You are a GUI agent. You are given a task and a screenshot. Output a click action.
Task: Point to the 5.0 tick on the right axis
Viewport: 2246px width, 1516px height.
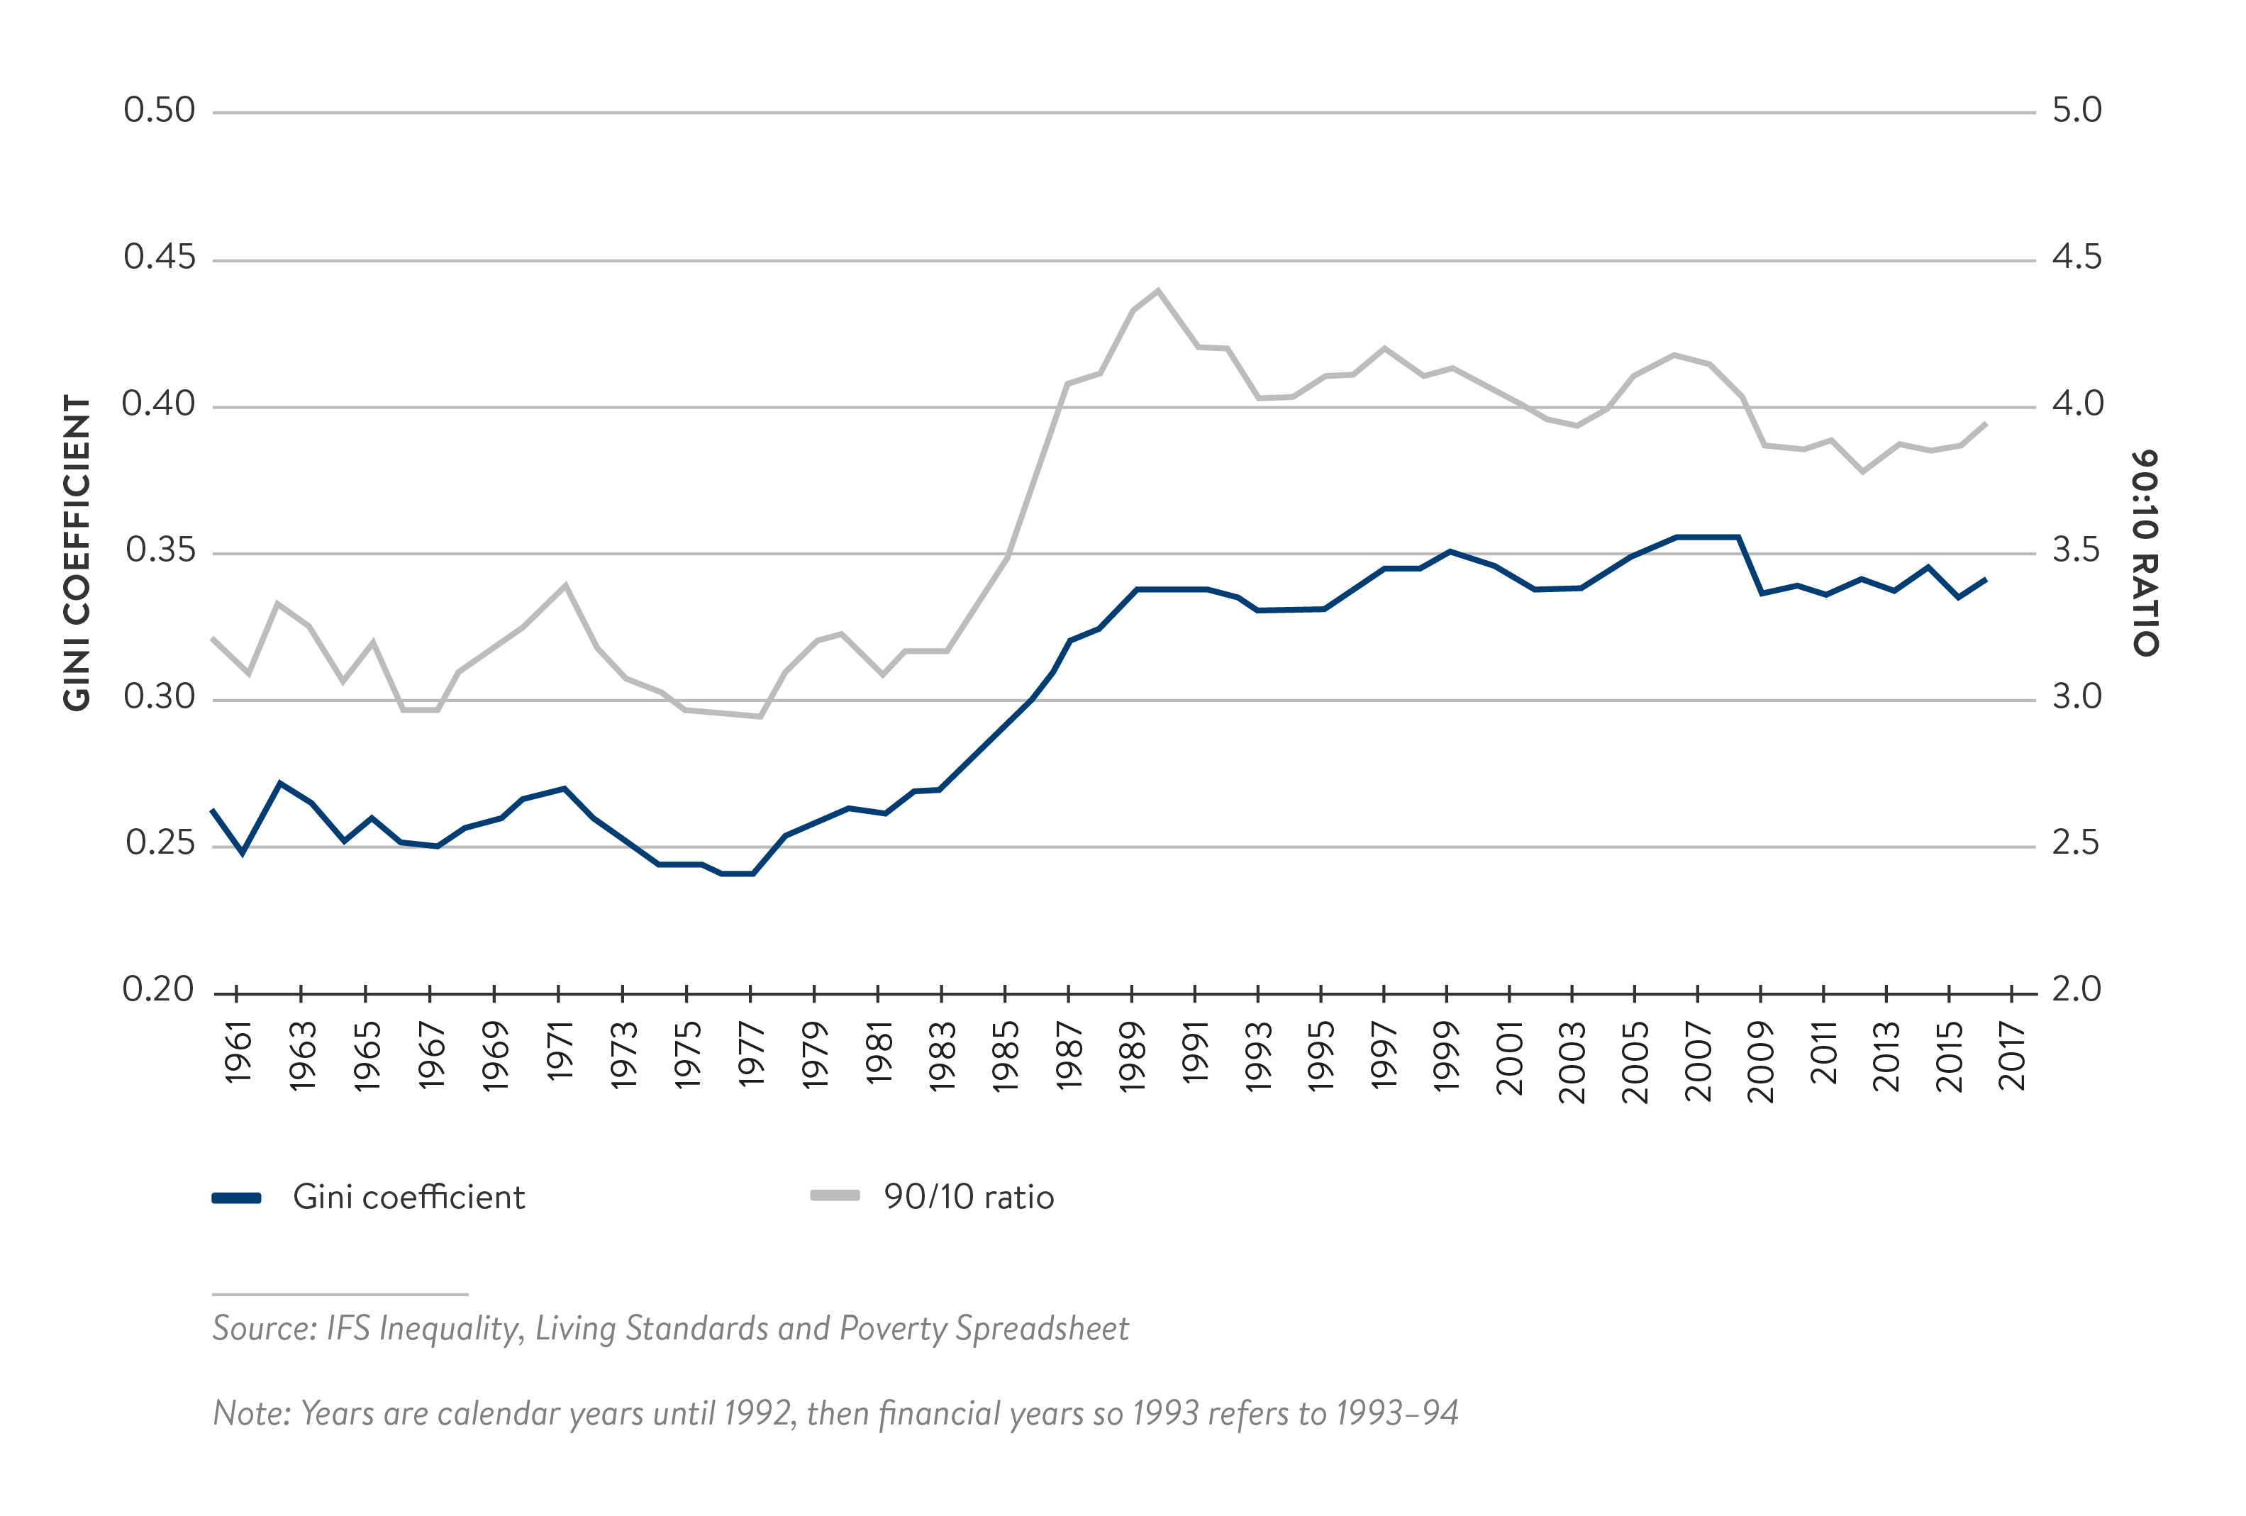click(x=2077, y=110)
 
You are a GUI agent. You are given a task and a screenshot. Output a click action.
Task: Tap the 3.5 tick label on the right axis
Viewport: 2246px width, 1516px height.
click(x=2077, y=551)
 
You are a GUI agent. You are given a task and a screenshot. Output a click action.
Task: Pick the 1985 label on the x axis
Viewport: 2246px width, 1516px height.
click(x=1006, y=1055)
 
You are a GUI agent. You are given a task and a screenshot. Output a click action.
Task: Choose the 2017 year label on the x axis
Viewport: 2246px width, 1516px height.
click(x=2012, y=1055)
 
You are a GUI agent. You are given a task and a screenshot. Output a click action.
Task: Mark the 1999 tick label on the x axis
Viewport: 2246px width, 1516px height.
click(x=1447, y=1055)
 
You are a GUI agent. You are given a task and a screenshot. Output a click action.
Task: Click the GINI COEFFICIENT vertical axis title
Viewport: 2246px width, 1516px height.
click(x=77, y=552)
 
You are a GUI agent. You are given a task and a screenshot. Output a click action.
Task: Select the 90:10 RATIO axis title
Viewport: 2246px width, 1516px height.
click(x=2145, y=552)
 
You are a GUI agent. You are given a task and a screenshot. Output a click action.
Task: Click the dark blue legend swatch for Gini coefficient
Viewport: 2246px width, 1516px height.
click(x=237, y=1198)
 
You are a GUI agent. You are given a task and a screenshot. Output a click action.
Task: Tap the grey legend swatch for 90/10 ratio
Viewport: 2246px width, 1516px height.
click(x=835, y=1196)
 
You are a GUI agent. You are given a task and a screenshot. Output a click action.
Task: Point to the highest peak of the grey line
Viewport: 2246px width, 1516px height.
click(x=1158, y=290)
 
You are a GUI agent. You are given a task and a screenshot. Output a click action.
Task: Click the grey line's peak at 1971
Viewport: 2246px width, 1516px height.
click(x=565, y=584)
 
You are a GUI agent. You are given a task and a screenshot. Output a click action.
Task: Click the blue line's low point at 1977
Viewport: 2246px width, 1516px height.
click(x=751, y=874)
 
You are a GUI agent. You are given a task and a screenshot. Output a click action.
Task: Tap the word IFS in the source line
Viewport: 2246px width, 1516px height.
click(x=348, y=1329)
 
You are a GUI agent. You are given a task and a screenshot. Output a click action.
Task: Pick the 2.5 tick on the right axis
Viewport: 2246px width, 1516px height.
click(x=2077, y=844)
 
